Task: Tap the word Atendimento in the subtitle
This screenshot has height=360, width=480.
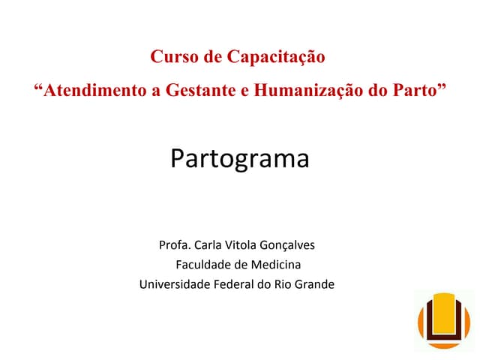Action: (x=96, y=91)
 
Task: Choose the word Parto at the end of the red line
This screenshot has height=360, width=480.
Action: (x=415, y=91)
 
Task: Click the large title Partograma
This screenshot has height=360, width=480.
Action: (x=239, y=159)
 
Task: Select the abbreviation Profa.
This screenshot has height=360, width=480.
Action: (x=175, y=245)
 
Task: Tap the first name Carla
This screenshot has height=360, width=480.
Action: (x=208, y=245)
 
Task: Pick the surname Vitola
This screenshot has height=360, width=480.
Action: (x=242, y=245)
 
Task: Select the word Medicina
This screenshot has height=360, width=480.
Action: (x=277, y=265)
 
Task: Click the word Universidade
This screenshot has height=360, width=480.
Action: (x=173, y=284)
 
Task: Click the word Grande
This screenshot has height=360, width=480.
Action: (x=315, y=284)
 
